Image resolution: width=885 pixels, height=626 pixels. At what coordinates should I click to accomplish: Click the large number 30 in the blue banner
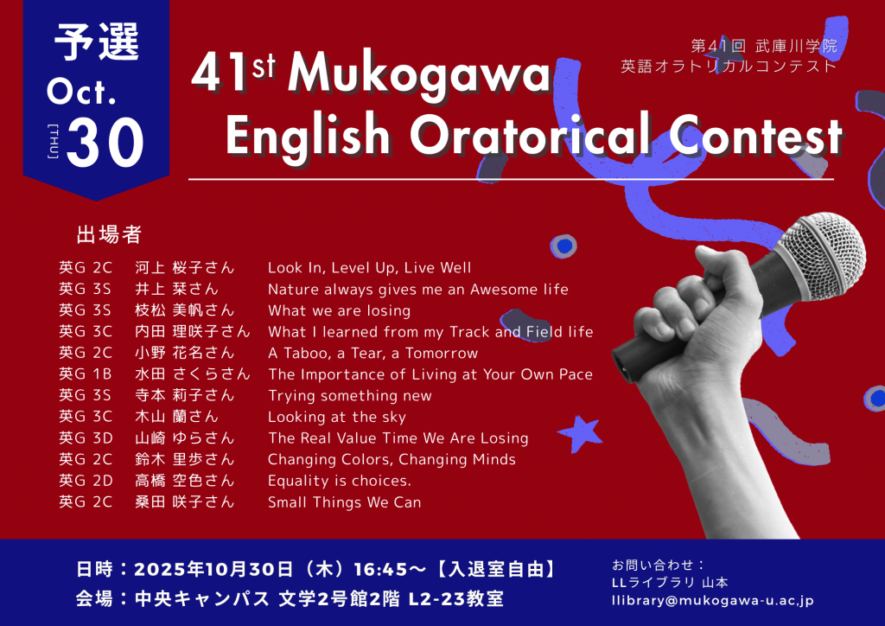click(x=105, y=143)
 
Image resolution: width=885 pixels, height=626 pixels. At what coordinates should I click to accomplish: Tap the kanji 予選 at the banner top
click(x=97, y=43)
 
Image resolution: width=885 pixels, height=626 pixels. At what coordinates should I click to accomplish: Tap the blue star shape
click(x=580, y=433)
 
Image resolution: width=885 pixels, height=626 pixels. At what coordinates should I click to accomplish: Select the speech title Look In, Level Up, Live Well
click(x=369, y=267)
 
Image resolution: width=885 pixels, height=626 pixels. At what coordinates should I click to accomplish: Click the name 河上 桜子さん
click(x=185, y=267)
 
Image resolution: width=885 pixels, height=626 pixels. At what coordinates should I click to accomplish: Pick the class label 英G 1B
click(x=86, y=374)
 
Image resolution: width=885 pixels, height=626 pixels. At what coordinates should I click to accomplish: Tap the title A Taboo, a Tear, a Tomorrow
click(x=372, y=353)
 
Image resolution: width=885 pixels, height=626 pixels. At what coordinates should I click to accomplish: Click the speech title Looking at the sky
click(x=337, y=417)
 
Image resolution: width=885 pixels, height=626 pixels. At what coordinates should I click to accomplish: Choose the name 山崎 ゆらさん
click(x=185, y=438)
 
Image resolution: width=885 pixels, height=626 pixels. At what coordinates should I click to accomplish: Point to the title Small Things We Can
click(x=344, y=501)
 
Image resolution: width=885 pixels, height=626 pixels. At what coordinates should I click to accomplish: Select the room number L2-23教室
click(x=455, y=599)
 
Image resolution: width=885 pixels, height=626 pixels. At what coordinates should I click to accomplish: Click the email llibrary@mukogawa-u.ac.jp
click(x=713, y=601)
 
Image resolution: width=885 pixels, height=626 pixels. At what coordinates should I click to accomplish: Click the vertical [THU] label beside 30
click(x=53, y=141)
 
